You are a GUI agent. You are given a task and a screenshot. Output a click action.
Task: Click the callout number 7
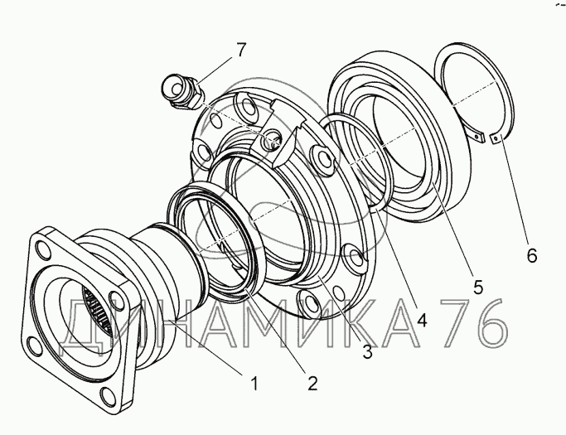point(241,50)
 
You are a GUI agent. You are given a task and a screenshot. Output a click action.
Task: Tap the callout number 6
point(532,255)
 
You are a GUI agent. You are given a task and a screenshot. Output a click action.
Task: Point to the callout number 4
point(422,320)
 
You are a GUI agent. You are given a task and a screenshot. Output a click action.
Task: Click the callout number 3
point(367,351)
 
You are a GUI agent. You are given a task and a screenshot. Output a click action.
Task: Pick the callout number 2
point(312,383)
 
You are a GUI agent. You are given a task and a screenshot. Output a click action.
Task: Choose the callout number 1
point(255,383)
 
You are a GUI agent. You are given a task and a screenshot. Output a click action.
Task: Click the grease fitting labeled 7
point(183,92)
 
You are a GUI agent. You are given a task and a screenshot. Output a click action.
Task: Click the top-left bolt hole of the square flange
point(43,249)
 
